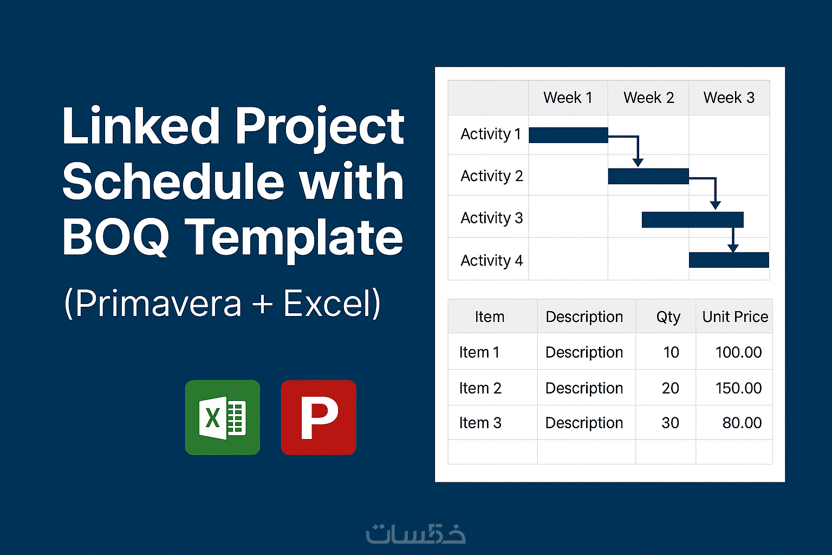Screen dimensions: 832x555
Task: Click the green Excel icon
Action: [223, 417]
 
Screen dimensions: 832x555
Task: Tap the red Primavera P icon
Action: [318, 417]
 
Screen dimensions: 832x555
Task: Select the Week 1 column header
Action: [568, 98]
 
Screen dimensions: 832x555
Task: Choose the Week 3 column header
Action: [729, 98]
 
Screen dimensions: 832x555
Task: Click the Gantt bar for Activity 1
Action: [568, 135]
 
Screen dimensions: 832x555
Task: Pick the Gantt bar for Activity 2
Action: [648, 176]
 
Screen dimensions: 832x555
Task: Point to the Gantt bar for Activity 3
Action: [693, 220]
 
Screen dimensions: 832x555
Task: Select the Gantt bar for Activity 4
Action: [729, 260]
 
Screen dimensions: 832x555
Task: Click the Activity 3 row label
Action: [492, 218]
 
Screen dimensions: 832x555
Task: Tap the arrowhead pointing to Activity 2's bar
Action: [638, 163]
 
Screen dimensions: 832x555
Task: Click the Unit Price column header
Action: [735, 317]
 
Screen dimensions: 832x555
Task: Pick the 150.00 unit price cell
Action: [738, 388]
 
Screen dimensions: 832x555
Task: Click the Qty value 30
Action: [670, 423]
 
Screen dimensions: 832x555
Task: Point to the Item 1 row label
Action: [479, 352]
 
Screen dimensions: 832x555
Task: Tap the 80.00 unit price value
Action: [742, 423]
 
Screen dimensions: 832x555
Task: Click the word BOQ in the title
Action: [116, 237]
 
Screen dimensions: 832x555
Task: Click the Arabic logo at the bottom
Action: [415, 534]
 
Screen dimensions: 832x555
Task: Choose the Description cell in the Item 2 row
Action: [584, 388]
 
